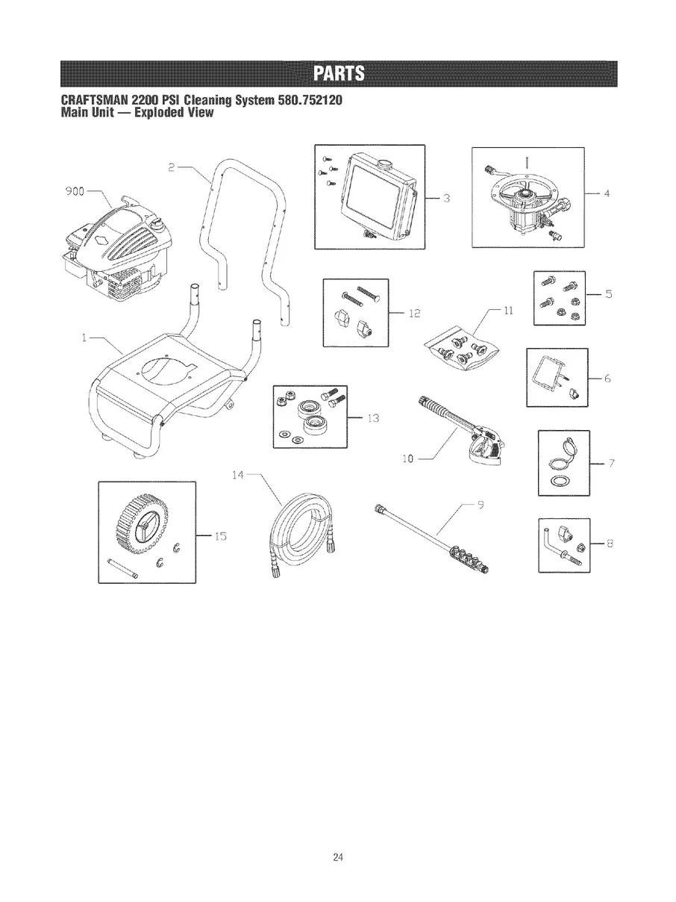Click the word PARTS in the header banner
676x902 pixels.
pyautogui.click(x=338, y=74)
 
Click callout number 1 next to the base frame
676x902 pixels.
pyautogui.click(x=87, y=337)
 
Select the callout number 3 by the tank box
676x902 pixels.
pyautogui.click(x=445, y=198)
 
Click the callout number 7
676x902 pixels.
pyautogui.click(x=610, y=464)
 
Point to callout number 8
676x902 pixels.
pyautogui.click(x=609, y=544)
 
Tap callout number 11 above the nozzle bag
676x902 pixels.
pyautogui.click(x=508, y=310)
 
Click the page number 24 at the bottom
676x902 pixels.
pyautogui.click(x=338, y=856)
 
